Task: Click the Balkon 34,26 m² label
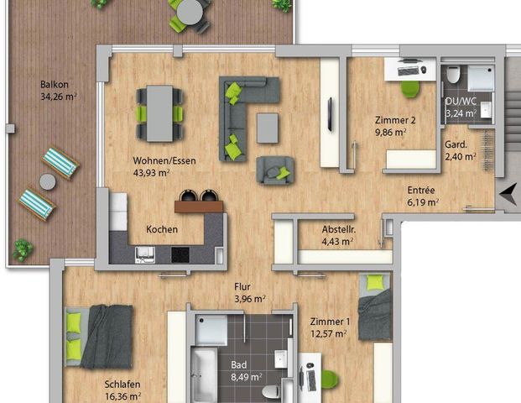pyautogui.click(x=58, y=91)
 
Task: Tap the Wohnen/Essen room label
pyautogui.click(x=151, y=166)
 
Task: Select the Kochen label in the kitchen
pyautogui.click(x=161, y=229)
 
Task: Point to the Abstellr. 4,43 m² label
pyautogui.click(x=337, y=236)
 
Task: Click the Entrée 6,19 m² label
pyautogui.click(x=421, y=196)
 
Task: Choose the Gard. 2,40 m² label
pyautogui.click(x=460, y=149)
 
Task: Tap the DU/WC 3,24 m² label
pyautogui.click(x=460, y=106)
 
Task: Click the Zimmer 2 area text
pyautogui.click(x=394, y=126)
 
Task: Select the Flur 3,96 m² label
pyautogui.click(x=249, y=291)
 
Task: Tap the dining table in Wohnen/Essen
pyautogui.click(x=159, y=113)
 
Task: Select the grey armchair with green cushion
pyautogui.click(x=275, y=170)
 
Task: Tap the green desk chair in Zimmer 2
pyautogui.click(x=409, y=87)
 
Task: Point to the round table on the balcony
pyautogui.click(x=191, y=10)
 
